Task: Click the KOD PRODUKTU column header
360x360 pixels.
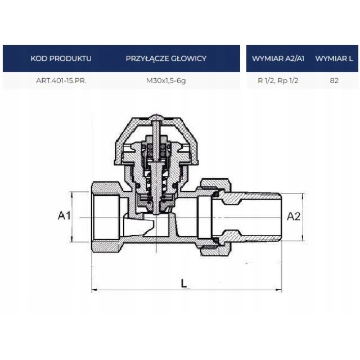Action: point(61,58)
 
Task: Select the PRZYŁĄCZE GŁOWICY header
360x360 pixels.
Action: point(166,58)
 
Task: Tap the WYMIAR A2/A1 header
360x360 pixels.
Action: point(278,58)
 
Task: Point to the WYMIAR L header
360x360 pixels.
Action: point(334,58)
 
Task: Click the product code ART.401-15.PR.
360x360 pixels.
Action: point(61,80)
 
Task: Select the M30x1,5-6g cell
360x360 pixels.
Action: point(166,81)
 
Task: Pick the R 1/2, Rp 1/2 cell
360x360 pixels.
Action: point(278,80)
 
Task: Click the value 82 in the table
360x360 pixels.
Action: point(334,80)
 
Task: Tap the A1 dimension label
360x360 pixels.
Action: point(64,215)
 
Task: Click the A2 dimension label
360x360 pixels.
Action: point(294,216)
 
